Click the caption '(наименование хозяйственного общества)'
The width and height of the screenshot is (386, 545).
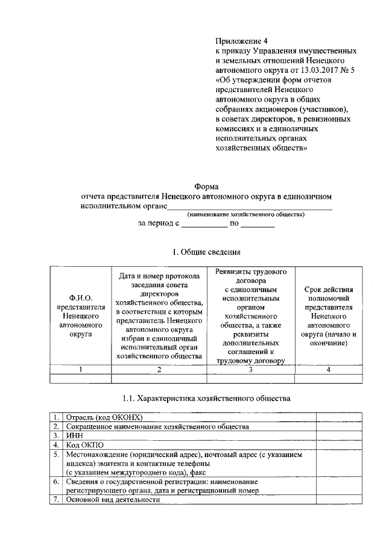[x=245, y=214]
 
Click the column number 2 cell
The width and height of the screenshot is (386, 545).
[x=159, y=369]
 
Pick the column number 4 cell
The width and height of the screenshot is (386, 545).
[x=328, y=369]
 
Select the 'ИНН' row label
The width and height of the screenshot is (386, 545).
[x=74, y=435]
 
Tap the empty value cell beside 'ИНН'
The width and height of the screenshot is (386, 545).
[x=339, y=435]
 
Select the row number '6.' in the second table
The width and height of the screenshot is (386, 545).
[x=55, y=482]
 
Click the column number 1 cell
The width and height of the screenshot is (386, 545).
[x=80, y=369]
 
